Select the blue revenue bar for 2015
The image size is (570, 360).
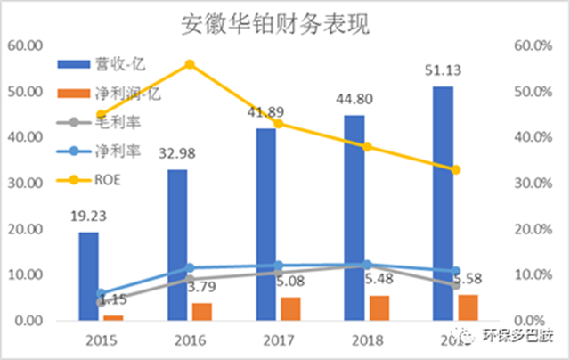coord(88,276)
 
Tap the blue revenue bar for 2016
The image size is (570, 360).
coord(177,245)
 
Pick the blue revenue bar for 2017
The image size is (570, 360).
coord(266,225)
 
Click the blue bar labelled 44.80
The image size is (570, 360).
coord(354,217)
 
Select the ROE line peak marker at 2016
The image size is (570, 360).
coord(190,64)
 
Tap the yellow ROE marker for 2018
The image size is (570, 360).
coord(367,146)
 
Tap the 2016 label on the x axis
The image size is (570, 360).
coord(190,340)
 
